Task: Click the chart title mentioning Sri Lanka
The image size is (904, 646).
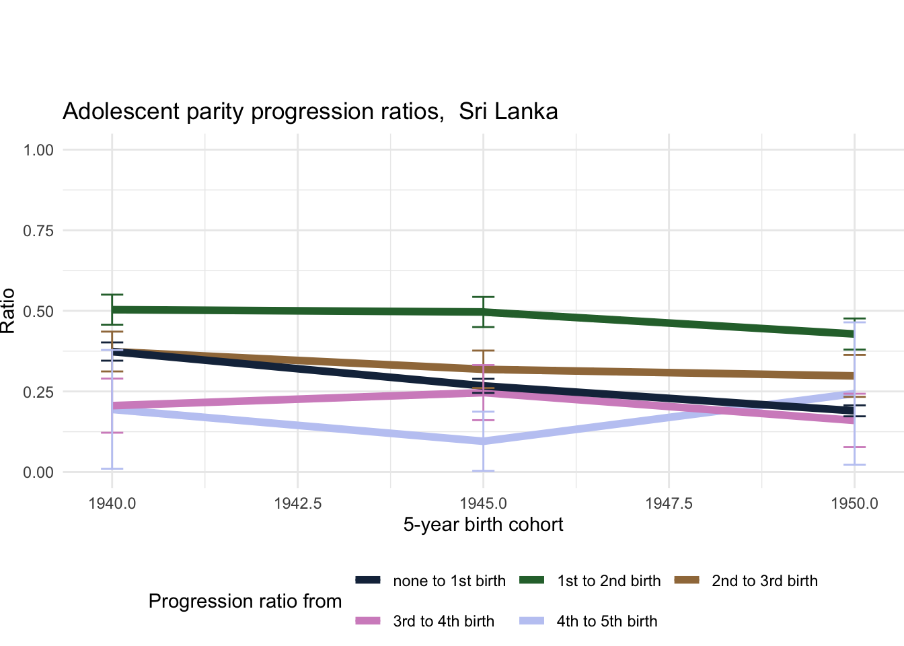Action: point(310,111)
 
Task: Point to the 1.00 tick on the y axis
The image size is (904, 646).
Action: point(38,149)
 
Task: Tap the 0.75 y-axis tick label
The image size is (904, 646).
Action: point(38,230)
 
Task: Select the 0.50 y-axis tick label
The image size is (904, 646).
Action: point(38,311)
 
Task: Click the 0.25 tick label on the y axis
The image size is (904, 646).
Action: point(38,392)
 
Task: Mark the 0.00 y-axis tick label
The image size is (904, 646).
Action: point(38,472)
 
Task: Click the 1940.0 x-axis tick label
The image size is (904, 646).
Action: point(112,503)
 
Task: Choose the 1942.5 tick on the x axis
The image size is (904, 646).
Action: point(297,503)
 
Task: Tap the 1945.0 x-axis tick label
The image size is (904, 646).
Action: point(483,503)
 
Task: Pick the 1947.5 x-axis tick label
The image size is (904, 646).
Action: point(669,503)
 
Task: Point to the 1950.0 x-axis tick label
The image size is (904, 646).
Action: point(854,503)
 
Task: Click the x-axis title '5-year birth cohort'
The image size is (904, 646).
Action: point(483,525)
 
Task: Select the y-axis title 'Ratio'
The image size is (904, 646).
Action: point(8,311)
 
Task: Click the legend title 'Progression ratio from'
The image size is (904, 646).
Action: point(245,601)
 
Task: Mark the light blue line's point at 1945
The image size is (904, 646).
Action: point(483,441)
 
